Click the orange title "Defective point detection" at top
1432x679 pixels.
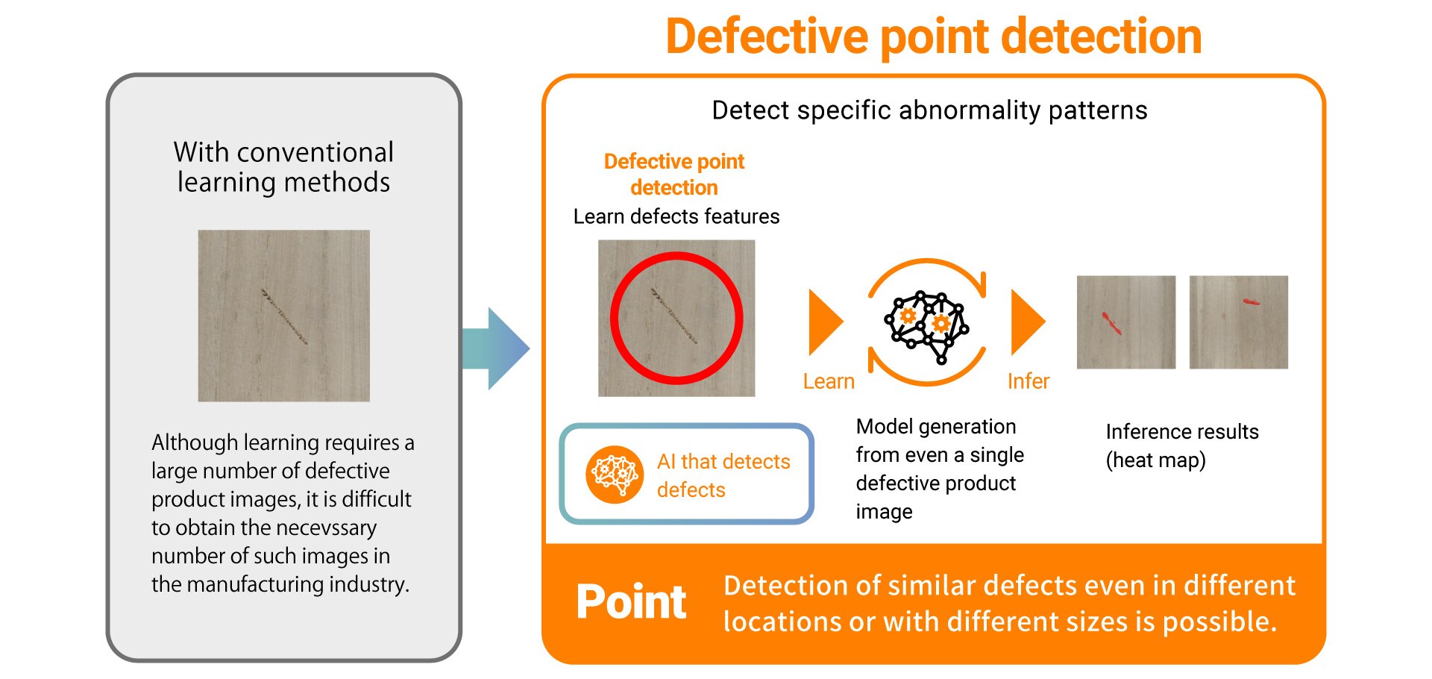click(933, 37)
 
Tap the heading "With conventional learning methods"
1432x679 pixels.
click(283, 167)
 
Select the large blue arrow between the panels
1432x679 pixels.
click(495, 348)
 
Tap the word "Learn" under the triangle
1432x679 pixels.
click(828, 381)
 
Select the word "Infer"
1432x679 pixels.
click(1028, 381)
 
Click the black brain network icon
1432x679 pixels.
click(926, 325)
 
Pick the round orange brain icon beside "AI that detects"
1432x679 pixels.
click(614, 475)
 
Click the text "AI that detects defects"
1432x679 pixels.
click(723, 475)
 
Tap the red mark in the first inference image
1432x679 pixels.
click(1111, 323)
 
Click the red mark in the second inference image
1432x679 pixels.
click(1251, 302)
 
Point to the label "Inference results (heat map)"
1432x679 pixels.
click(1181, 445)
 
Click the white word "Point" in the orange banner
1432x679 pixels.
click(631, 602)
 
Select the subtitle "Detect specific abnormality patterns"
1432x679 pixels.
click(929, 110)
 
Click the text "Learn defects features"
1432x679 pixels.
click(676, 216)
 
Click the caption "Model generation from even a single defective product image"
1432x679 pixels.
click(938, 469)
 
